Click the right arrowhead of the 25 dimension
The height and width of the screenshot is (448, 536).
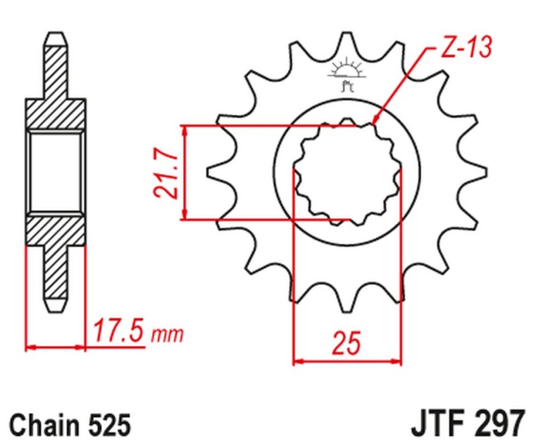[398, 361]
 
